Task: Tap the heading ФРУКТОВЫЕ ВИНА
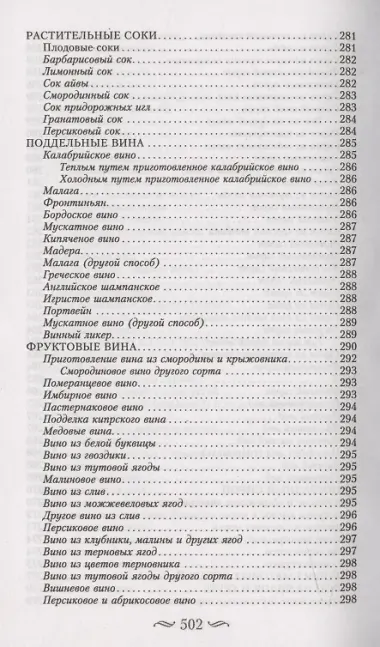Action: coord(77,345)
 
